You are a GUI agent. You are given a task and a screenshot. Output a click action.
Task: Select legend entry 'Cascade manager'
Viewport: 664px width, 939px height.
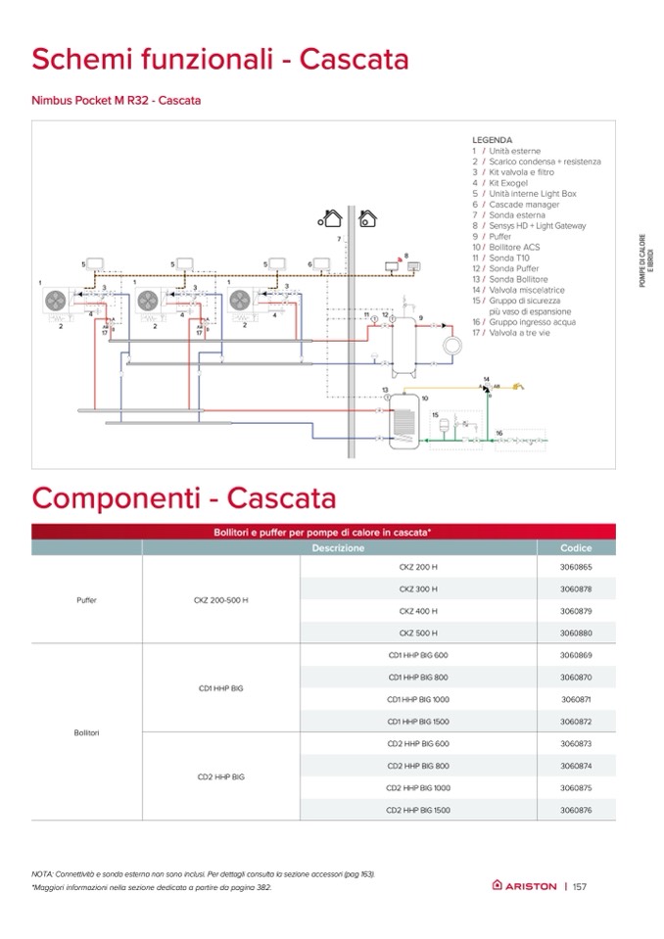[x=524, y=205]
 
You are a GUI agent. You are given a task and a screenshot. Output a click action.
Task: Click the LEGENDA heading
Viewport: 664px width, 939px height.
[x=492, y=140]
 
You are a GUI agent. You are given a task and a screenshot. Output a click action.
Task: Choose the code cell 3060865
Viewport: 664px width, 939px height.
[x=576, y=567]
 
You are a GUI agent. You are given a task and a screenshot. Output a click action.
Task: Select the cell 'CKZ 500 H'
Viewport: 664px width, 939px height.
[x=418, y=633]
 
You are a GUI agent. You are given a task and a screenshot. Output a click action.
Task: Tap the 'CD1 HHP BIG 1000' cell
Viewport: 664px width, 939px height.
[x=418, y=699]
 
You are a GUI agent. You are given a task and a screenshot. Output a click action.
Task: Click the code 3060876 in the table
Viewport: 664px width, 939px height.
[x=576, y=810]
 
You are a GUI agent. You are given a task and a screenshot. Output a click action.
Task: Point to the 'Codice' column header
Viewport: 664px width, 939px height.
[x=576, y=548]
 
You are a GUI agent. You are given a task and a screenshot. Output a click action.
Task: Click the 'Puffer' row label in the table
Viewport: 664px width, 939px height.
[x=86, y=599]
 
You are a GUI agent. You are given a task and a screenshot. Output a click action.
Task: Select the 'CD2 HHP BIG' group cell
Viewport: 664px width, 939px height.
[x=220, y=776]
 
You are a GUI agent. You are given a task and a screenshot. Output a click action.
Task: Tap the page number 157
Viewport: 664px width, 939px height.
[x=580, y=886]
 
